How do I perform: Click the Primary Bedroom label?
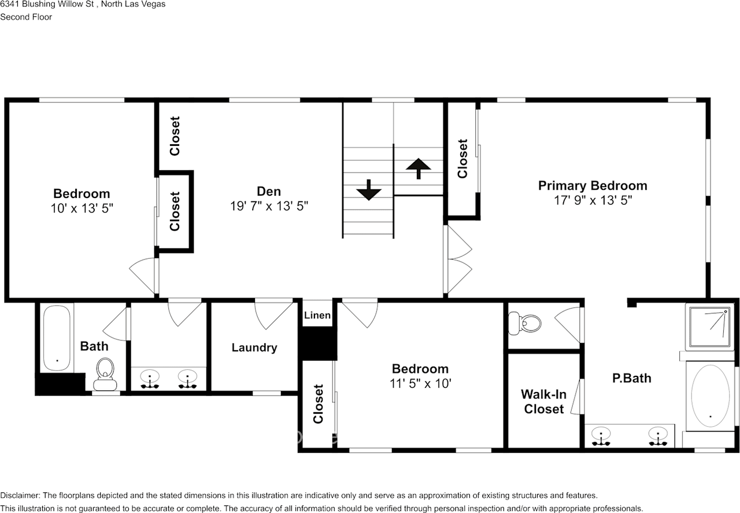[x=593, y=185]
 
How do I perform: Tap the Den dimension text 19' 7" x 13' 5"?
[x=269, y=206]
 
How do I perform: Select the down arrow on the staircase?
[x=368, y=190]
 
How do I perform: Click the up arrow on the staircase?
[x=418, y=168]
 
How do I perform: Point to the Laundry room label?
[x=254, y=347]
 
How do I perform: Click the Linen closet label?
[x=317, y=316]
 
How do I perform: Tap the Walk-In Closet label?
[x=543, y=402]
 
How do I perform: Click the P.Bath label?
[x=631, y=378]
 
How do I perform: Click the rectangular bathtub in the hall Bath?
[x=57, y=337]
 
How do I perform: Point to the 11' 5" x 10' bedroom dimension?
[x=420, y=383]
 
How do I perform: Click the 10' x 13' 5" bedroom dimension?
[x=82, y=208]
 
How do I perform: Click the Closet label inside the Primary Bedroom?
[x=462, y=159]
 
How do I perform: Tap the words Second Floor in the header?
[x=26, y=17]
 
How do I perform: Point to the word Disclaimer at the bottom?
[x=20, y=496]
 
